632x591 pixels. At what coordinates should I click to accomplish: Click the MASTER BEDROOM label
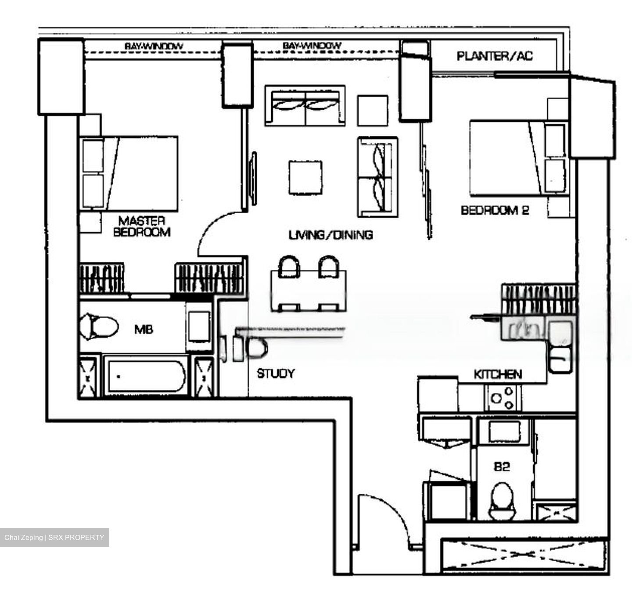141,226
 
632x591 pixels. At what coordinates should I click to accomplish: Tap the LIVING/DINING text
330,235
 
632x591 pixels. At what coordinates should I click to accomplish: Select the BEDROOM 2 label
495,210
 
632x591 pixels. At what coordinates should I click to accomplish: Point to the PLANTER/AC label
495,56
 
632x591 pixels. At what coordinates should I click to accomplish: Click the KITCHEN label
498,374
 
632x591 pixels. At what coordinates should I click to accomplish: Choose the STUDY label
276,374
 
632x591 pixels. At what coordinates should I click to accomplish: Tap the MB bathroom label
144,329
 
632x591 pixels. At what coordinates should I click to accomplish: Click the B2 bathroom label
502,467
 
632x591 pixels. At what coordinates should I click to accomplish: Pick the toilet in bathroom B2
502,501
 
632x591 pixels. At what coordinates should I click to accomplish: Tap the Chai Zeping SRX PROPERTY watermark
54,537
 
